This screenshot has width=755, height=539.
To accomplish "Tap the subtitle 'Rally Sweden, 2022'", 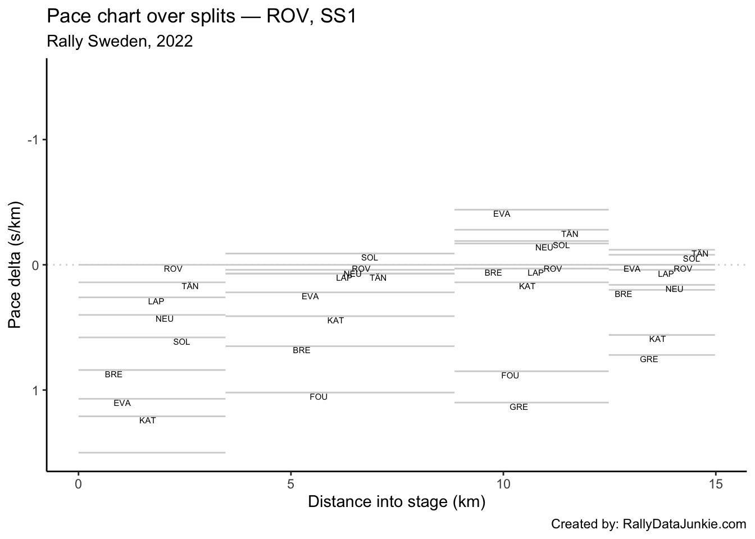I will tap(120, 42).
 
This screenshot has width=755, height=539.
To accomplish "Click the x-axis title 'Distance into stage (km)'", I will tap(397, 501).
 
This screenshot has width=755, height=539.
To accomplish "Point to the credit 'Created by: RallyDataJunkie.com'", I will tap(648, 524).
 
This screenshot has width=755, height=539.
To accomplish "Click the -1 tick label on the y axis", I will tap(33, 140).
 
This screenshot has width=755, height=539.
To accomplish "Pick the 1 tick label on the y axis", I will tap(35, 390).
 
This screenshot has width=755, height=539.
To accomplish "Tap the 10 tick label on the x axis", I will tap(503, 483).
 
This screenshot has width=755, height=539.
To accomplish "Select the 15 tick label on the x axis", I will tap(715, 483).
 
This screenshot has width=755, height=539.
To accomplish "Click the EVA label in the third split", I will tap(502, 214).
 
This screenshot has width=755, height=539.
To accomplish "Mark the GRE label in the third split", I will tap(519, 407).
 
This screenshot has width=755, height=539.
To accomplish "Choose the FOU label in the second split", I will tap(319, 397).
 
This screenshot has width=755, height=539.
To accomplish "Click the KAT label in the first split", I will tap(147, 421).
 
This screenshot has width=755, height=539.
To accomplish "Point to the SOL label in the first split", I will tap(181, 342).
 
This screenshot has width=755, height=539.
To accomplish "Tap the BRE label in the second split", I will tap(302, 350).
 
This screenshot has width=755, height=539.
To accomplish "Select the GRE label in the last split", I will tap(649, 359).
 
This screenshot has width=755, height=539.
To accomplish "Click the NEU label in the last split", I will tap(674, 289).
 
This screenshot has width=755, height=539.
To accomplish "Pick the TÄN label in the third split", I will tap(570, 234).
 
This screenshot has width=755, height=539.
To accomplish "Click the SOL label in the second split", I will tap(370, 258).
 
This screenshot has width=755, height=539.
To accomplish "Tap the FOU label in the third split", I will tap(510, 376).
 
